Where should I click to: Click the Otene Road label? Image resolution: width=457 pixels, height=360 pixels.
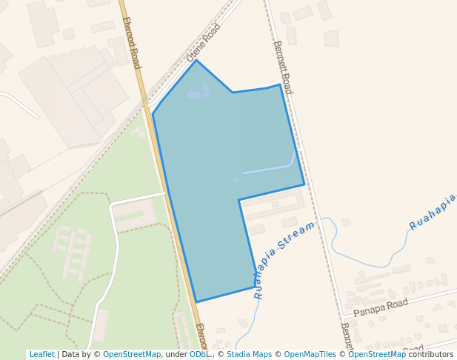[204, 43]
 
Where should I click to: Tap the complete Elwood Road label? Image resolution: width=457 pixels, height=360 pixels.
[131, 43]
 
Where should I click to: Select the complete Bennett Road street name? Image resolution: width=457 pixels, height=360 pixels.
[283, 67]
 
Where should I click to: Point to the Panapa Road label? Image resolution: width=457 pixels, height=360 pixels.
[381, 307]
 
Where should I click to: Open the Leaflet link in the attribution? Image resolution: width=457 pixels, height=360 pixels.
[41, 354]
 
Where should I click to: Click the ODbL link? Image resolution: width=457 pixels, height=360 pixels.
[199, 354]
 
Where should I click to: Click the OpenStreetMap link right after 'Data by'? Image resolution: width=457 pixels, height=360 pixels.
[132, 354]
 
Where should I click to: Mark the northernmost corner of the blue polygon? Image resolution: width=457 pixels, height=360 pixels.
[196, 60]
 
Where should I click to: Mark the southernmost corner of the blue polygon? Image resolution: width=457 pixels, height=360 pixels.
[196, 302]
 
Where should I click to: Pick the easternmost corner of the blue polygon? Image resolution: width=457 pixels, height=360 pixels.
[304, 184]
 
